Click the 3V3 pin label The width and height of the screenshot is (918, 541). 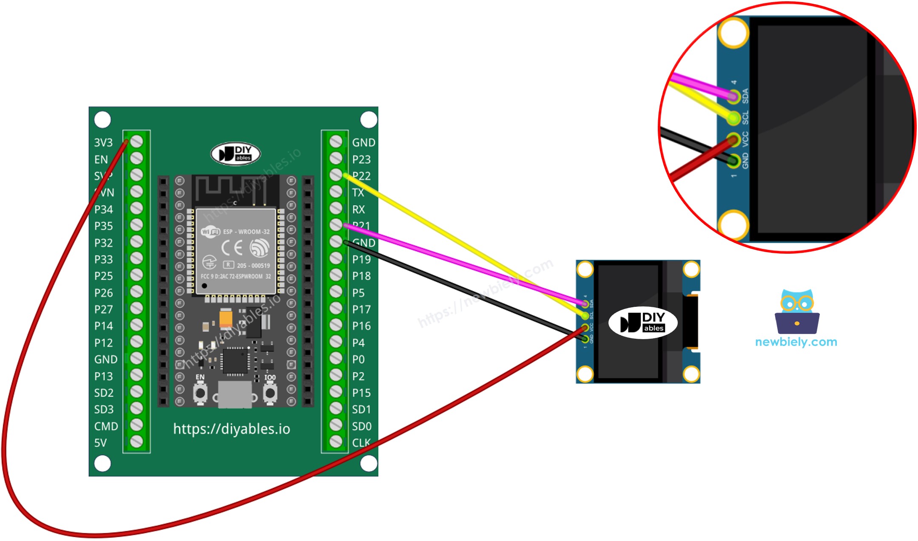coord(103,142)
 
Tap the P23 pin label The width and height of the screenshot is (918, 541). coord(361,159)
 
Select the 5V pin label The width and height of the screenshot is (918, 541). coord(100,443)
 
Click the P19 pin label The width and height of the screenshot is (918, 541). coord(361,259)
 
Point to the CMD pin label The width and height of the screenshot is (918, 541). coord(106,426)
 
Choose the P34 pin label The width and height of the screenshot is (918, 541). coord(104,210)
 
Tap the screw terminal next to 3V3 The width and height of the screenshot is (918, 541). coord(136,142)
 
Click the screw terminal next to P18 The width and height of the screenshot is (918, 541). coord(336,275)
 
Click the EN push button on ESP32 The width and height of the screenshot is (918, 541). coord(200,393)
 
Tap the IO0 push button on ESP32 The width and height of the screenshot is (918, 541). coord(270,393)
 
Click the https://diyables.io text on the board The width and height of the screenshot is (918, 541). coord(232,429)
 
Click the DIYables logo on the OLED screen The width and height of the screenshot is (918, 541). coord(643,323)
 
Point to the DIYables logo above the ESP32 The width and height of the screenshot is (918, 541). coord(236,153)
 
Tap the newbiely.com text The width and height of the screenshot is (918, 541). coord(796,342)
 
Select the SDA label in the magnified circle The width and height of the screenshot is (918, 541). coord(745,96)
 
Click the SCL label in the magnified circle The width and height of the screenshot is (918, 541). coord(745,118)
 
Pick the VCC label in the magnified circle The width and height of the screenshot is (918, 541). coord(745,139)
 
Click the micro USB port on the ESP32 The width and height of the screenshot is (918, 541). coord(235,394)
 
